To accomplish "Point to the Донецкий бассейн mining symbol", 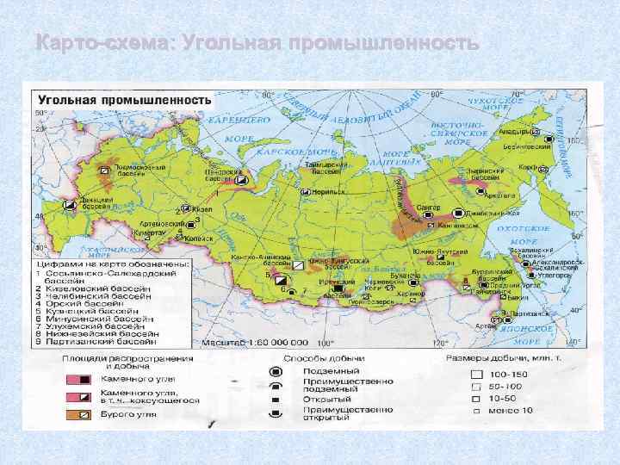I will coord(70,205).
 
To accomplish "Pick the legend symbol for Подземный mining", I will coord(276,371).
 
